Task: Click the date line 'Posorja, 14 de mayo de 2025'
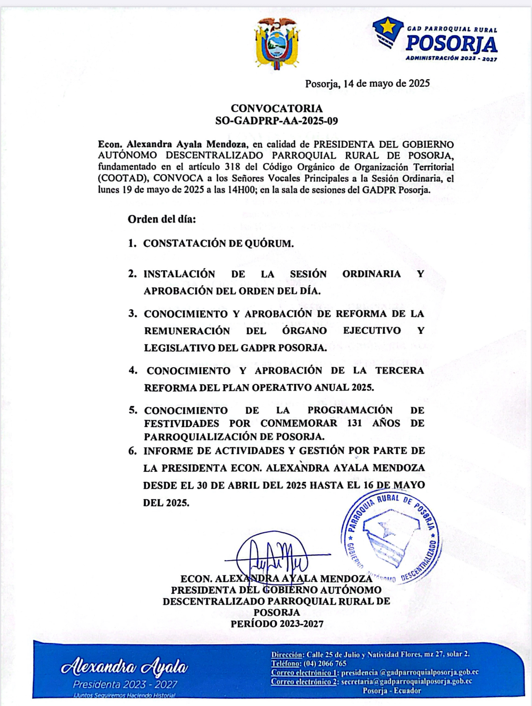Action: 367,83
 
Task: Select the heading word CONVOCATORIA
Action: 276,108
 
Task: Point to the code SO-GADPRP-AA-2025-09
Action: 276,121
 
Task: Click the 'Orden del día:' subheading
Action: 162,219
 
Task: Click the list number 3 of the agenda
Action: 133,313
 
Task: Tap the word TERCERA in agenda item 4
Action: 400,370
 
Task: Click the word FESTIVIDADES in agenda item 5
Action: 181,423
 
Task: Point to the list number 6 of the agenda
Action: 133,451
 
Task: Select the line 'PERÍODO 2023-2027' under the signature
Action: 277,624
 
